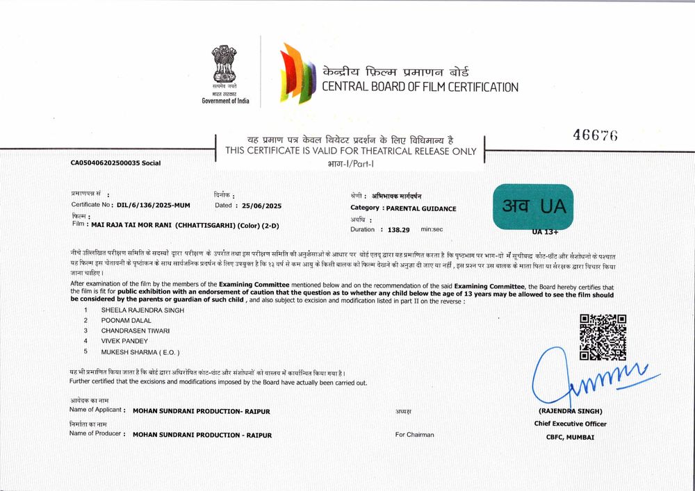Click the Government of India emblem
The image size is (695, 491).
(224, 65)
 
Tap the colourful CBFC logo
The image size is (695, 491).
(296, 73)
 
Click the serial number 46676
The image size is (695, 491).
(595, 135)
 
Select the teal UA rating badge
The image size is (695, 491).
(533, 206)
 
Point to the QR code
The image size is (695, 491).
(603, 337)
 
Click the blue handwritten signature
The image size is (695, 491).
(591, 379)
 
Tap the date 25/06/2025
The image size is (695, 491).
(261, 206)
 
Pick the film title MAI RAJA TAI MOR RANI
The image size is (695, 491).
(131, 225)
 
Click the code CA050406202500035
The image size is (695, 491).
(105, 163)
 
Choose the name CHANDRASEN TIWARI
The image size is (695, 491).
(136, 331)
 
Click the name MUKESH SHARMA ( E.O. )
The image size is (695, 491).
(140, 352)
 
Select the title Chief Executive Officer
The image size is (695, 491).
(570, 424)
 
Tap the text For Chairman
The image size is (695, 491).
(414, 435)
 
